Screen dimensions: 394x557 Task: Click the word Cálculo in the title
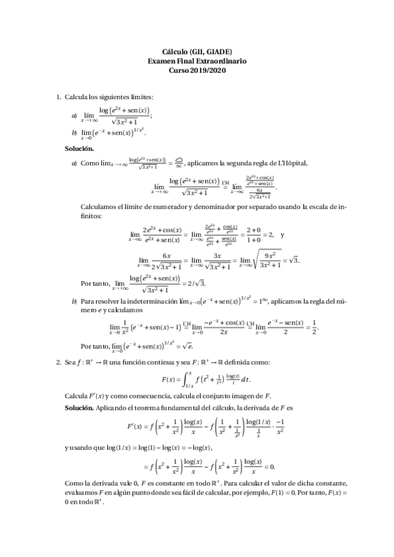pos(176,52)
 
